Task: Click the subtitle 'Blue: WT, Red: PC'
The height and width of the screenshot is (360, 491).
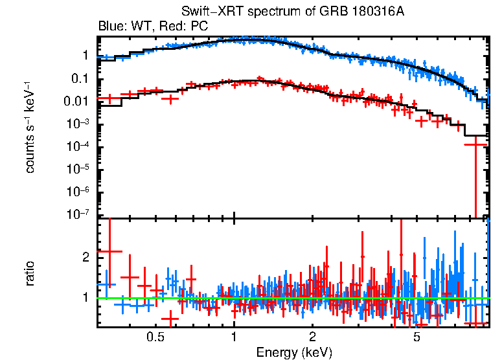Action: pos(153,27)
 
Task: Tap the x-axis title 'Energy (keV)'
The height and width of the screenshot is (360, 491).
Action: pos(294,352)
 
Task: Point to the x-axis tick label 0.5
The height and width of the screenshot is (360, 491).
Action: pos(154,337)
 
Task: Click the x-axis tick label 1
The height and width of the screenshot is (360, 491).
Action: pos(234,337)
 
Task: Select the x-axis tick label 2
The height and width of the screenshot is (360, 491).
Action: pos(312,337)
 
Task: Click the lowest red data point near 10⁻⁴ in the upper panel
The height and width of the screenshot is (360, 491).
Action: pos(476,144)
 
